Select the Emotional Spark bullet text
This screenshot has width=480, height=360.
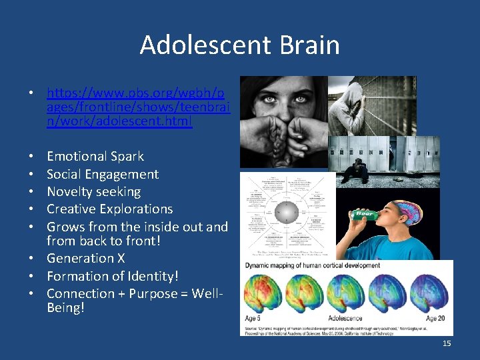pos(95,157)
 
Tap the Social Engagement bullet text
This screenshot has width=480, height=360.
pos(103,175)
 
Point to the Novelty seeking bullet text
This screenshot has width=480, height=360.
pos(94,192)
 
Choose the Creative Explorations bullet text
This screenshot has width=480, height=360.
pos(110,209)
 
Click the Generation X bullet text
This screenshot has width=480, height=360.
pos(85,258)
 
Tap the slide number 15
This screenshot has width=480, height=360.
pos(446,343)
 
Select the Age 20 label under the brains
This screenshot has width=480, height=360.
pos(436,318)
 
